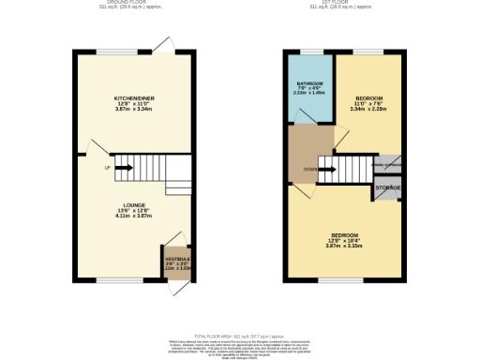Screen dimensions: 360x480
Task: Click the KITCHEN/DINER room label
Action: click(133, 98)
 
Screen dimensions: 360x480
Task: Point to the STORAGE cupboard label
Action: click(388, 188)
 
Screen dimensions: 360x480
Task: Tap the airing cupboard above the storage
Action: click(388, 165)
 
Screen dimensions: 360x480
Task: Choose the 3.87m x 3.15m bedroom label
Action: click(344, 243)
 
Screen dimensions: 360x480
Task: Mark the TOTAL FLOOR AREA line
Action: click(240, 335)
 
